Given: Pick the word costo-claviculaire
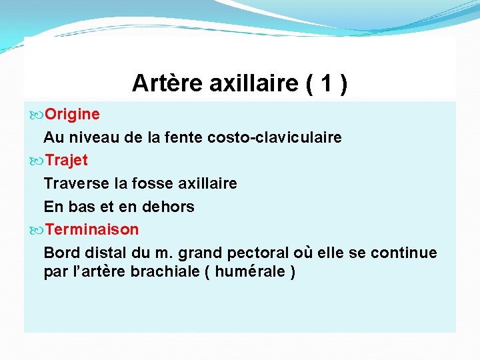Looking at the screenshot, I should point(275,138).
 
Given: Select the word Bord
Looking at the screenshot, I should point(59,253).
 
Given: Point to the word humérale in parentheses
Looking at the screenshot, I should point(251,273).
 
